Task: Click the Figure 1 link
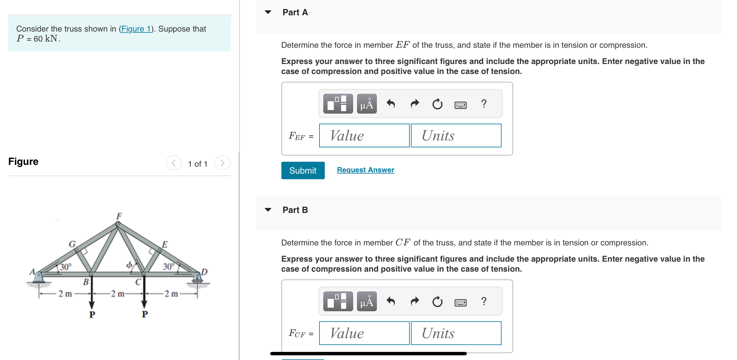(x=136, y=29)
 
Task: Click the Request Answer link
(x=365, y=170)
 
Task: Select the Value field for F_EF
(x=364, y=136)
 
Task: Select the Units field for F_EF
(x=456, y=136)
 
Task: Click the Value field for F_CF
(x=364, y=333)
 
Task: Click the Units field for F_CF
(x=456, y=333)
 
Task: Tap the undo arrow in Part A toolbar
(x=391, y=104)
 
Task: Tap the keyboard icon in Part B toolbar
(x=460, y=302)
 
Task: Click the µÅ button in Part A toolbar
(x=367, y=104)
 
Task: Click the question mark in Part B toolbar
(x=484, y=301)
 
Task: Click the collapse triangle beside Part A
(x=268, y=12)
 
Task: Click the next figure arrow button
(x=222, y=163)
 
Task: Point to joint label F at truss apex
(x=119, y=216)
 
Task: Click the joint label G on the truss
(x=72, y=244)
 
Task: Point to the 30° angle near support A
(x=66, y=267)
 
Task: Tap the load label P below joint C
(x=144, y=314)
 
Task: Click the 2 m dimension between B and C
(x=117, y=294)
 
